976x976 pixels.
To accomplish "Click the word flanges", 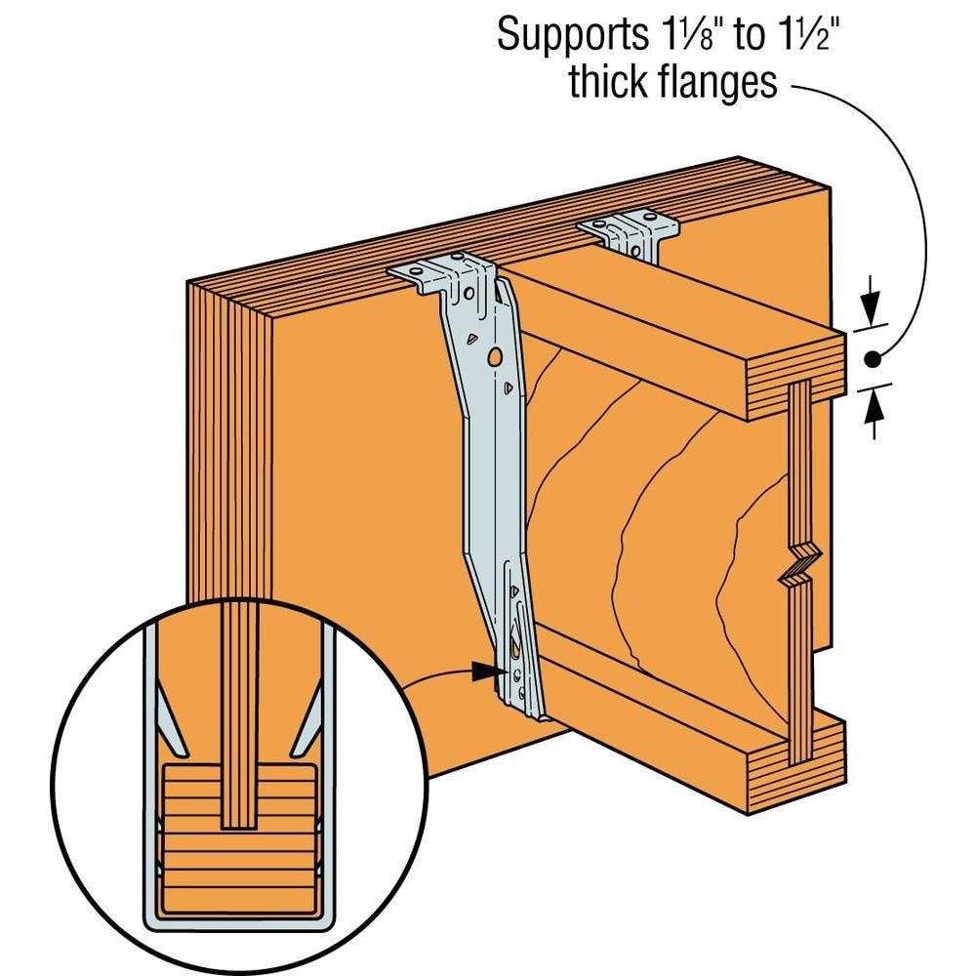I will tap(723, 83).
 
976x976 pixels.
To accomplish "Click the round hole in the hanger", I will tap(496, 358).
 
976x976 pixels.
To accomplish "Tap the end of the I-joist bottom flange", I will tap(795, 764).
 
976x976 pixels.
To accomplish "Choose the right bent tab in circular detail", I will tap(310, 727).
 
